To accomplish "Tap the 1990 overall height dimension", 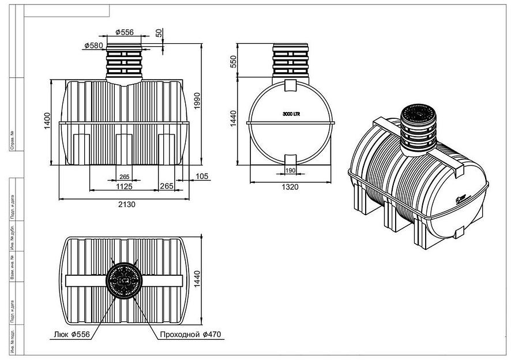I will tap(197, 103).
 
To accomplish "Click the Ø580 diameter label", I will tap(93, 46).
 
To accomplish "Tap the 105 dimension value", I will tap(202, 175).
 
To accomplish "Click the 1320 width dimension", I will tap(291, 187).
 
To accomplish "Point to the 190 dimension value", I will tap(290, 170).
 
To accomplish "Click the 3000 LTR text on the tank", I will tap(291, 114).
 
